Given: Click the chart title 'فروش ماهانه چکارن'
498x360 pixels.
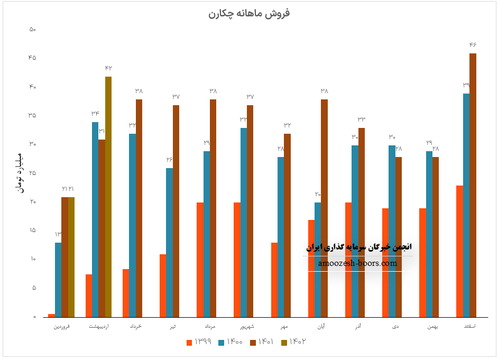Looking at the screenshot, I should pyautogui.click(x=249, y=13).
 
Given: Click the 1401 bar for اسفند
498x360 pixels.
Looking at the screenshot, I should pyautogui.click(x=473, y=185).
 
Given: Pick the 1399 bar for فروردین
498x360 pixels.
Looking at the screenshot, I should pyautogui.click(x=51, y=315).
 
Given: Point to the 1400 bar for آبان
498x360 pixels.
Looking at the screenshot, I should pyautogui.click(x=318, y=259).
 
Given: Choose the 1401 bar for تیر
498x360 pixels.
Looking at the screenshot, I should pyautogui.click(x=176, y=211).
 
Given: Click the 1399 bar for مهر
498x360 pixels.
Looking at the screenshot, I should pyautogui.click(x=274, y=280).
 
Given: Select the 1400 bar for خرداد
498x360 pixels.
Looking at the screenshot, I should pyautogui.click(x=132, y=225).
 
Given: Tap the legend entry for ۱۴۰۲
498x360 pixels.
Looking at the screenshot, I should pyautogui.click(x=294, y=342).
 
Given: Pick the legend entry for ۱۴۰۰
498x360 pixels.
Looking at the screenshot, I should pyautogui.click(x=230, y=342).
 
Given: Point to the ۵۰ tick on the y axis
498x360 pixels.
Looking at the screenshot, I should pyautogui.click(x=33, y=30).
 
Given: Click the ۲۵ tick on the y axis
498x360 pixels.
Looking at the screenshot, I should pyautogui.click(x=33, y=173).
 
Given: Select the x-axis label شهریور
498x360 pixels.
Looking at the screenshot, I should pyautogui.click(x=244, y=327).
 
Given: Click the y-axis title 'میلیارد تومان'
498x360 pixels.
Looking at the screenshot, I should pyautogui.click(x=20, y=173).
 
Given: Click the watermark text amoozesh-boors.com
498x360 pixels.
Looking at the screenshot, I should pyautogui.click(x=357, y=263).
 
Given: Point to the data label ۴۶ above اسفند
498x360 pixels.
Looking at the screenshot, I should pyautogui.click(x=473, y=45).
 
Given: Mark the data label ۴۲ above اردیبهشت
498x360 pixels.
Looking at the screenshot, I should pyautogui.click(x=108, y=68).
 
